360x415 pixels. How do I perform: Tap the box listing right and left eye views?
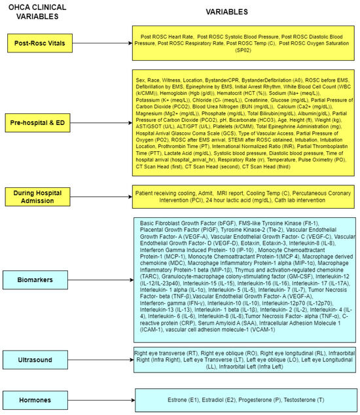(243, 361)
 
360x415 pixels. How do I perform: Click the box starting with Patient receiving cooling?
(243, 196)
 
